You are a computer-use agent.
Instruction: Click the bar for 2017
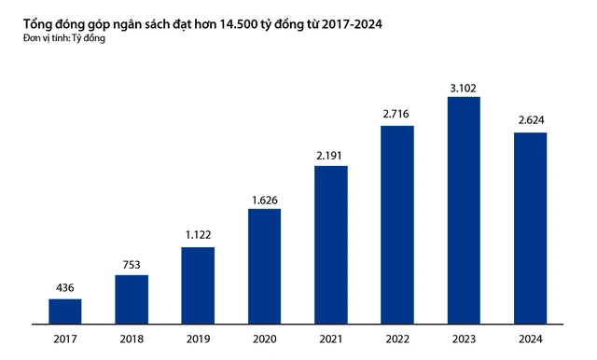(x=65, y=312)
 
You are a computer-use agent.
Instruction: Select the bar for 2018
(x=132, y=299)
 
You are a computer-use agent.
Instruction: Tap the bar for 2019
(x=198, y=285)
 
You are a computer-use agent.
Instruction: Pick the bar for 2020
(x=264, y=267)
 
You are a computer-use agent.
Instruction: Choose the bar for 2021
(x=331, y=245)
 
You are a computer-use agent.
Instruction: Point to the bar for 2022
(x=397, y=225)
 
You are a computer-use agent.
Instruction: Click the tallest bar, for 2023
(x=464, y=211)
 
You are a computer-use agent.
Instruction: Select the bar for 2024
(x=530, y=228)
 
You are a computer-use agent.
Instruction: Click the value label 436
(x=65, y=287)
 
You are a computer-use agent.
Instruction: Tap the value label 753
(x=132, y=264)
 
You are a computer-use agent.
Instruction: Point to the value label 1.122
(x=198, y=236)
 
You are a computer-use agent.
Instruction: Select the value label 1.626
(x=264, y=198)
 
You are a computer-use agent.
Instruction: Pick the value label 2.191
(x=331, y=155)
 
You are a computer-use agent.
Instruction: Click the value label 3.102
(x=464, y=88)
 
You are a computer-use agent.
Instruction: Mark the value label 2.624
(x=530, y=122)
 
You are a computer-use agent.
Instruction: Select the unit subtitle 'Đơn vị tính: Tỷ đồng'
(x=64, y=38)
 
